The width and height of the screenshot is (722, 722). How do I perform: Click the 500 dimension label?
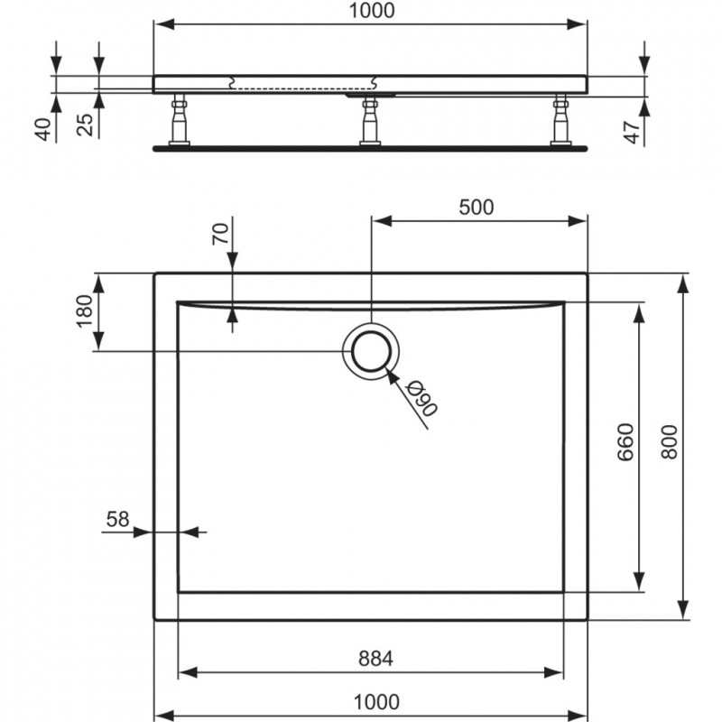[x=476, y=207]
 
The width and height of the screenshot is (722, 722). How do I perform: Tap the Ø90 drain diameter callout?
[x=421, y=398]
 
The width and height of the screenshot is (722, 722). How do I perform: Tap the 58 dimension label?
[x=117, y=519]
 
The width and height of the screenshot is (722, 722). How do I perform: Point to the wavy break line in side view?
[x=235, y=84]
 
